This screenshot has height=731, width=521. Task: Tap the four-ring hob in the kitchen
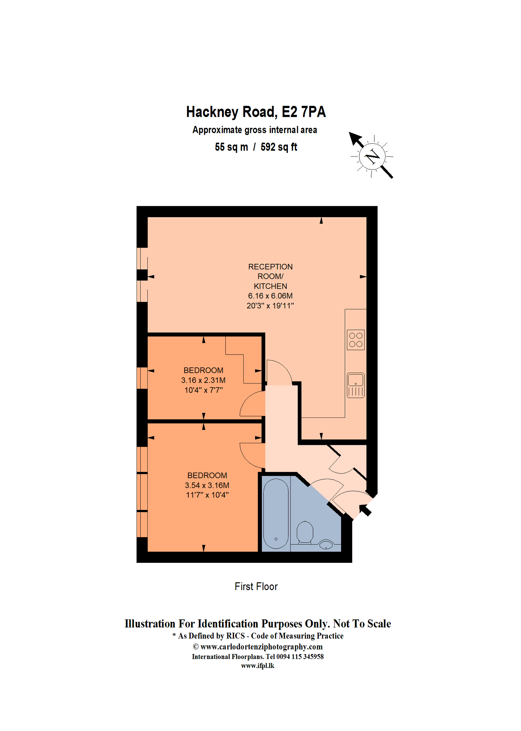[x=356, y=340]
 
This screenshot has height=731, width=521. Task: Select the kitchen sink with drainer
[x=356, y=385]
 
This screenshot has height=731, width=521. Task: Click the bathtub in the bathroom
[x=276, y=514]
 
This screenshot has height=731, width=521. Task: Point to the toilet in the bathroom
[x=305, y=532]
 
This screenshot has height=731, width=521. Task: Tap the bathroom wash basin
[x=326, y=544]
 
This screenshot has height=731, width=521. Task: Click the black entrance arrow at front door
[x=365, y=509]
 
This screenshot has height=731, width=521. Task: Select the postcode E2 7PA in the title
[x=303, y=112]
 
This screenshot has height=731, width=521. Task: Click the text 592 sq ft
[x=278, y=147]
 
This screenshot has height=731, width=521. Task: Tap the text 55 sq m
[x=231, y=147]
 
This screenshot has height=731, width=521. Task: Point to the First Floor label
[x=256, y=587]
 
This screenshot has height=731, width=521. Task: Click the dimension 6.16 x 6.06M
[x=270, y=296]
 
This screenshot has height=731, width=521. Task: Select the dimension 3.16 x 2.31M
[x=203, y=380]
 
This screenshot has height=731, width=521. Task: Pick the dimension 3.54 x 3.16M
[x=207, y=486]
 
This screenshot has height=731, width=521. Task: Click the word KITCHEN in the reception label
[x=270, y=286]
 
